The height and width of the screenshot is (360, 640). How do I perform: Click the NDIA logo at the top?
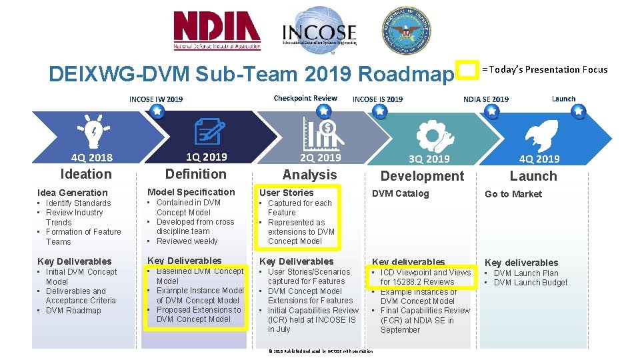coord(217,31)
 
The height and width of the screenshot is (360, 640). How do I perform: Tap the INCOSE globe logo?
coord(319,30)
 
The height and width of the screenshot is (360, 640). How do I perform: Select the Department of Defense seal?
coord(406,31)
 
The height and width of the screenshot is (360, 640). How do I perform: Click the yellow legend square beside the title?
coord(468,70)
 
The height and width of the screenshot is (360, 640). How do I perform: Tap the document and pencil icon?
coord(207,131)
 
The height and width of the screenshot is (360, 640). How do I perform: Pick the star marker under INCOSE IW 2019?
coord(156,111)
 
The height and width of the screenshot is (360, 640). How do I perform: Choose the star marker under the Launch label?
coord(579,111)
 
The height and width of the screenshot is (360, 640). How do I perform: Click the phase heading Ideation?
coord(86,174)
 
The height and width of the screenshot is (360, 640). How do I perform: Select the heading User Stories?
coord(286,193)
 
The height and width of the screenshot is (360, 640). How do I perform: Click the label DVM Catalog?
coord(400,193)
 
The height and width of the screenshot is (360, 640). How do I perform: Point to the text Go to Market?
coord(513,194)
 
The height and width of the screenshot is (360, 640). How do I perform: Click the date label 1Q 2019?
coord(206,157)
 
